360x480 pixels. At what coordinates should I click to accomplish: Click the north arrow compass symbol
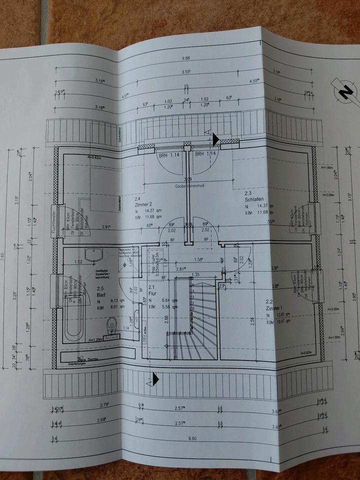[x=344, y=91]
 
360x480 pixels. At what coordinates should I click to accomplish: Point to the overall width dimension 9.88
[x=186, y=58]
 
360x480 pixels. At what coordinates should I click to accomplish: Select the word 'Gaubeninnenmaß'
[x=188, y=186]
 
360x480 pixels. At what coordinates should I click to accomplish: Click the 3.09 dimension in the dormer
[x=188, y=179]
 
